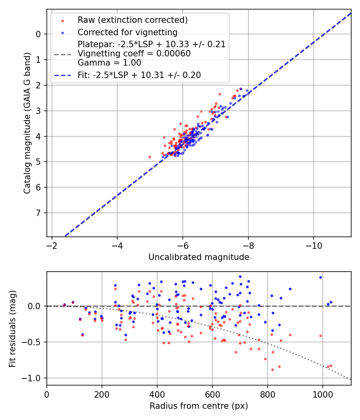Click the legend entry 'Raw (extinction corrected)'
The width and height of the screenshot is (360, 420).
(x=132, y=20)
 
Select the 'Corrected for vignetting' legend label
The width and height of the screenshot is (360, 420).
(x=128, y=32)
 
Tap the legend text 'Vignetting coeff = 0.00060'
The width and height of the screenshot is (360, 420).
(x=134, y=53)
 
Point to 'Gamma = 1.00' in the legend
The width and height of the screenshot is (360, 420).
(x=109, y=62)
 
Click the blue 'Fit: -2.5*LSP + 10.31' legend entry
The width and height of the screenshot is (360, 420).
(x=139, y=75)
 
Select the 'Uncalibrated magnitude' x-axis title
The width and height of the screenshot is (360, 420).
(x=199, y=257)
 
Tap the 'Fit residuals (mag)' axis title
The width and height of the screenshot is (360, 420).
(x=12, y=328)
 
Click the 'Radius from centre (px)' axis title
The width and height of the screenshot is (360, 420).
(x=199, y=406)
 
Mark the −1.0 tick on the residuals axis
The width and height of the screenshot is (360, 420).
(x=34, y=378)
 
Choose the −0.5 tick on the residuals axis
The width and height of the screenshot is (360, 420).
(x=34, y=342)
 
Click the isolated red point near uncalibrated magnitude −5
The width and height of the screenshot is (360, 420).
(x=150, y=157)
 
